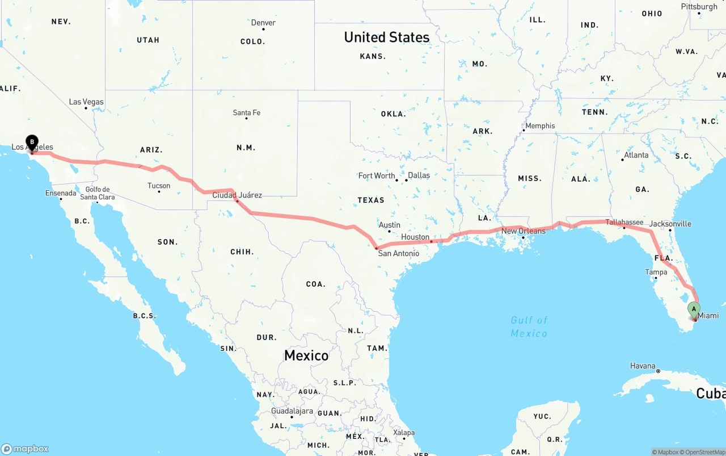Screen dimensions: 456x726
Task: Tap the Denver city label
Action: pyautogui.click(x=263, y=23)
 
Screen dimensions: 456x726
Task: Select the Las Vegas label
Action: pyautogui.click(x=86, y=102)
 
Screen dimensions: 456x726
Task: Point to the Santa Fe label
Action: pyautogui.click(x=246, y=113)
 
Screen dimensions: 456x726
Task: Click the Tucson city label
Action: pyautogui.click(x=159, y=186)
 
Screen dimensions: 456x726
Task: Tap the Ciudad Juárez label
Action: pyautogui.click(x=237, y=195)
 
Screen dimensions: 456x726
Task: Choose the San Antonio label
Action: pyautogui.click(x=399, y=253)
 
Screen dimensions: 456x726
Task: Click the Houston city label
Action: pyautogui.click(x=415, y=237)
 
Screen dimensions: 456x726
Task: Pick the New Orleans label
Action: pyautogui.click(x=523, y=231)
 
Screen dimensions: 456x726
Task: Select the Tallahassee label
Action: pyautogui.click(x=624, y=222)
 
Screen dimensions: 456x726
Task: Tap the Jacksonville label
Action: pyautogui.click(x=670, y=224)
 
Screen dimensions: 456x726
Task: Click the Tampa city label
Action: pyautogui.click(x=656, y=272)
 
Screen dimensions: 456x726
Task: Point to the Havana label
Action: pyautogui.click(x=643, y=366)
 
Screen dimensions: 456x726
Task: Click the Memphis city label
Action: pyautogui.click(x=540, y=126)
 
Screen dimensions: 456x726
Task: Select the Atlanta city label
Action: pyautogui.click(x=636, y=155)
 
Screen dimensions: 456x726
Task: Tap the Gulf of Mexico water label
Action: pyautogui.click(x=529, y=327)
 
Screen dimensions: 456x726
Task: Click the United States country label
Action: pyautogui.click(x=387, y=37)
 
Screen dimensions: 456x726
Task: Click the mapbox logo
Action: pyautogui.click(x=25, y=449)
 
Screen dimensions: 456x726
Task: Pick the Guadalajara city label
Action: pyautogui.click(x=292, y=411)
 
